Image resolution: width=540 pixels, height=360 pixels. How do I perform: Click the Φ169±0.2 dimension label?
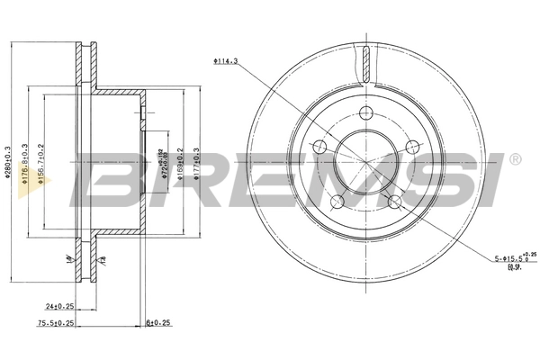pos(180,165)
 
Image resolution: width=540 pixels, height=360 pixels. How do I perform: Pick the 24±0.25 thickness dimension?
pos(62,306)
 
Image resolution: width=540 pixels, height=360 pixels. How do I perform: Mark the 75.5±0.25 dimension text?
pos(55,321)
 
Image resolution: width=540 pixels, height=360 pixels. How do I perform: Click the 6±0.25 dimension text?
pos(158,322)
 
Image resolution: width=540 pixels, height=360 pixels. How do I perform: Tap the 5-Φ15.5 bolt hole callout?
pos(516,259)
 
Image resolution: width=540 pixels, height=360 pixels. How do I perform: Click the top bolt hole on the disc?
pos(365,113)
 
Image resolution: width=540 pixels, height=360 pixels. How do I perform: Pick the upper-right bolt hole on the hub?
pos(411,147)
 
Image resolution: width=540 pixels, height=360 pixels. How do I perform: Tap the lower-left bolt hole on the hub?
pos(337,201)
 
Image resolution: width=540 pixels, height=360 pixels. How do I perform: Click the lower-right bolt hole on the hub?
pos(394,201)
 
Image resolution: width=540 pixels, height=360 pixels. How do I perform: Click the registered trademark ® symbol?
pos(514,160)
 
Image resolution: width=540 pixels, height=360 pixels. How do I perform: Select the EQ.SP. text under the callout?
pos(514,268)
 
